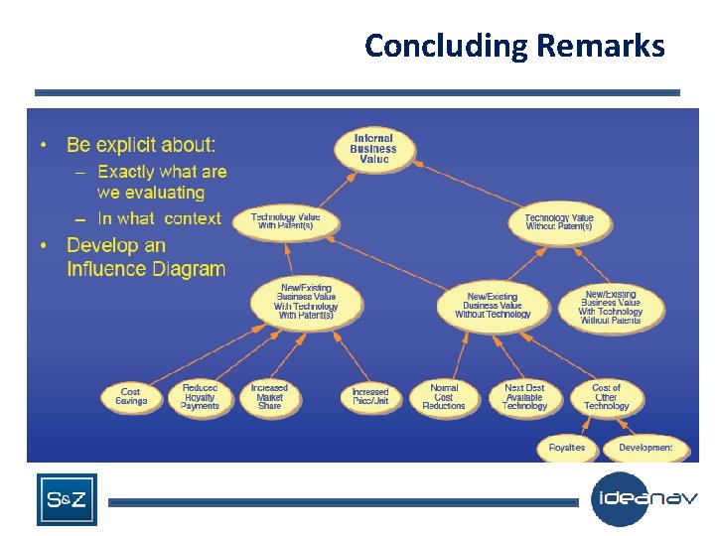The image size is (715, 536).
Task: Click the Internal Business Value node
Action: (x=372, y=149)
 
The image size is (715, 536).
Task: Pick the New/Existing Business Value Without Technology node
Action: (x=493, y=305)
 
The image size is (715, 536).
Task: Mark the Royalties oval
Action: (x=567, y=448)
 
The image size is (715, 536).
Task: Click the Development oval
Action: (x=645, y=448)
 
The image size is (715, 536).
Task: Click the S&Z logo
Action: (x=67, y=499)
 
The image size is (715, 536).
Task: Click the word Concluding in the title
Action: (x=445, y=46)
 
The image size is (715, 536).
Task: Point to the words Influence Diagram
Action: (x=146, y=269)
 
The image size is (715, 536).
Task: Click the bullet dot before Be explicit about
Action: (x=45, y=146)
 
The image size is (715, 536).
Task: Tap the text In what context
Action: (x=159, y=218)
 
